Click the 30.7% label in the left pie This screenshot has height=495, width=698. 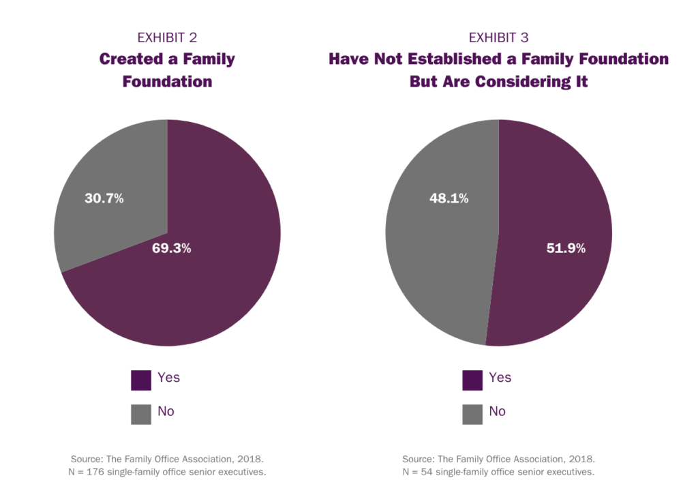click(104, 199)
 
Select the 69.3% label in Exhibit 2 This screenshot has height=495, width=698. click(171, 249)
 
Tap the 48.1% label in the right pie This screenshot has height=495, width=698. click(449, 198)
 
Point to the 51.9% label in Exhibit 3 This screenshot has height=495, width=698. click(566, 249)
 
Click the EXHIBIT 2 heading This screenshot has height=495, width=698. click(167, 37)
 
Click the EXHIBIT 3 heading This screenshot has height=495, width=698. click(498, 37)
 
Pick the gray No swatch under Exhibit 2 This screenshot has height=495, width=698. click(141, 414)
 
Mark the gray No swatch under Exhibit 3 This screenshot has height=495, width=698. click(472, 414)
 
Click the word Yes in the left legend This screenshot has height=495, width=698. click(168, 378)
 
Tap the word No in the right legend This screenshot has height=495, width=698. click(498, 411)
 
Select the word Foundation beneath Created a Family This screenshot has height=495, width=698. click(167, 82)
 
